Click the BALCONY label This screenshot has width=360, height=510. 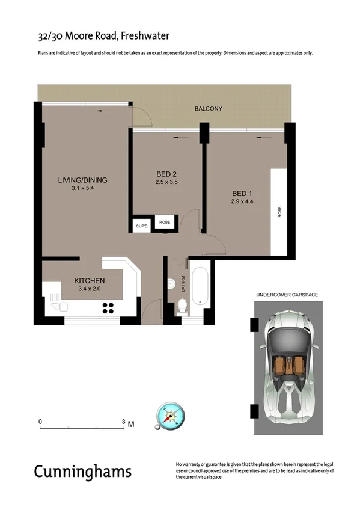coord(209,109)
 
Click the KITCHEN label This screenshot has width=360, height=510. coord(90,281)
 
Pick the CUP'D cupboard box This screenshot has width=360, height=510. coord(142,226)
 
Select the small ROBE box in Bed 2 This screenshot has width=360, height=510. coord(165,223)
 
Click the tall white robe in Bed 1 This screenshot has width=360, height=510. coord(279,212)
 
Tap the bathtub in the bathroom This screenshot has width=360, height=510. coord(200,286)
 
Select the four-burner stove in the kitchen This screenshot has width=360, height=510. coord(109,308)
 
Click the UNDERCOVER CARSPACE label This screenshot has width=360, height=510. coord(287,295)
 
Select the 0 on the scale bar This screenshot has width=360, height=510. coord(40,422)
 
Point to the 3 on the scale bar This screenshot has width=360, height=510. coord(123,422)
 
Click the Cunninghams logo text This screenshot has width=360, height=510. coord(82,471)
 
